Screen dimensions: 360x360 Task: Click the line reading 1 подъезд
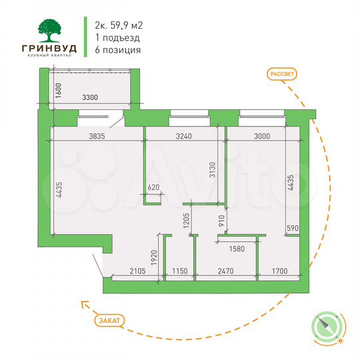tap(117, 38)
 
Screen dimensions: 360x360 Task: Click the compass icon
tap(327, 326)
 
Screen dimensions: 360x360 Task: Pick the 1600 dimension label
tap(58, 91)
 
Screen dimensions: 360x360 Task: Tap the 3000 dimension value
tap(261, 136)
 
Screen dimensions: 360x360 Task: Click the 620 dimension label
tap(154, 188)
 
